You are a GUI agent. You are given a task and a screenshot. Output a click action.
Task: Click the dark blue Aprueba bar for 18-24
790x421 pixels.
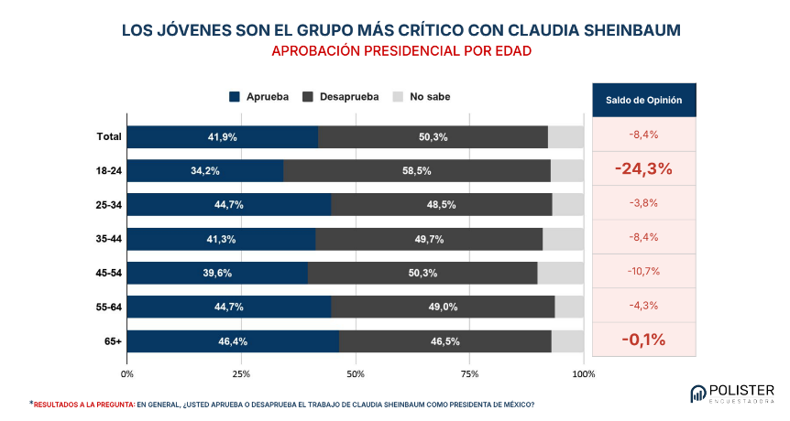(x=205, y=171)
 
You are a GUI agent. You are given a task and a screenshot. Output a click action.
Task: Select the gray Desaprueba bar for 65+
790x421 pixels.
(x=445, y=341)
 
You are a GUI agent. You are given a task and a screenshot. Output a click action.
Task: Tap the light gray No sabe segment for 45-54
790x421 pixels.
(x=561, y=273)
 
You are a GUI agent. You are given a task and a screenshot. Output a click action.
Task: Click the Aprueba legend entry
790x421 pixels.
(x=259, y=97)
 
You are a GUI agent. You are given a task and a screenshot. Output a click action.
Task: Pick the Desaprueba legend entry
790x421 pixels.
(x=341, y=97)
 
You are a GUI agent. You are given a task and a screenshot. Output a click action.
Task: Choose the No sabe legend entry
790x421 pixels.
(x=422, y=97)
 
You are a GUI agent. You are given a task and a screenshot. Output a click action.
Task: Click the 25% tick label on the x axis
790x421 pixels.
(x=241, y=374)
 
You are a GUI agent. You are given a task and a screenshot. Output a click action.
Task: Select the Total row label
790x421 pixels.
(x=109, y=136)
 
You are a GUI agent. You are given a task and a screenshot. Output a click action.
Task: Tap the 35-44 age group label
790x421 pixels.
(x=109, y=239)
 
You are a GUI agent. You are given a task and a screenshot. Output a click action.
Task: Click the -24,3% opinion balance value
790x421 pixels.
(x=643, y=168)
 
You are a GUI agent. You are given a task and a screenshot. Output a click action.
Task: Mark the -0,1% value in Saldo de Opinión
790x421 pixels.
(x=643, y=340)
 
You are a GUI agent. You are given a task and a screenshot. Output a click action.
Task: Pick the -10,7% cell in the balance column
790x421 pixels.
(x=643, y=272)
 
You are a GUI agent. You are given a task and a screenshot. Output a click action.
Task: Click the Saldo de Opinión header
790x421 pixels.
(x=644, y=100)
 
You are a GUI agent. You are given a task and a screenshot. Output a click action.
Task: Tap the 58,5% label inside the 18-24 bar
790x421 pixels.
(x=417, y=171)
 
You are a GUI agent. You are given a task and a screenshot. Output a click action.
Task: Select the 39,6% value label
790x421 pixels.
(x=217, y=273)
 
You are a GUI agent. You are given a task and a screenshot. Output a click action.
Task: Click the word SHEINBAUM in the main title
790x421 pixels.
(x=632, y=30)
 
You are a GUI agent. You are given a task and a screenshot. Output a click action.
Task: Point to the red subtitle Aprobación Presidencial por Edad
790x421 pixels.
(x=401, y=51)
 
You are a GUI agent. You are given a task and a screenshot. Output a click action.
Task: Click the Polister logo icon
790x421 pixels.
(x=697, y=394)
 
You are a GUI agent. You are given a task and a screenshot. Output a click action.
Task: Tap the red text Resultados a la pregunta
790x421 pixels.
(x=84, y=405)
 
